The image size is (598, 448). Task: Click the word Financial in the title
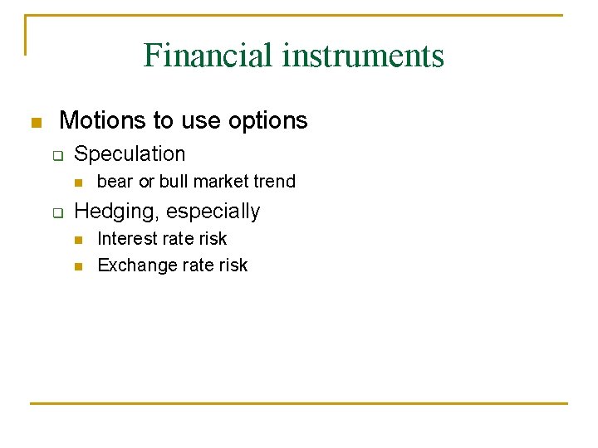[x=208, y=56]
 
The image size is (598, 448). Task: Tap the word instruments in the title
[x=363, y=56]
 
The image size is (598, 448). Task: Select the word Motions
[x=103, y=120]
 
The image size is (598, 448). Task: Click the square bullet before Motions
[x=35, y=123]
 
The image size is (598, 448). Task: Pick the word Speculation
[x=130, y=154]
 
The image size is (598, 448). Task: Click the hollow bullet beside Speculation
[x=57, y=155]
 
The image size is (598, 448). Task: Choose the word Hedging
[x=113, y=212]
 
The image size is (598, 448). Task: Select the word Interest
[x=126, y=239]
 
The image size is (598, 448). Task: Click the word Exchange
[x=133, y=265]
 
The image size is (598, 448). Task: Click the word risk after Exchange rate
[x=233, y=265]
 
